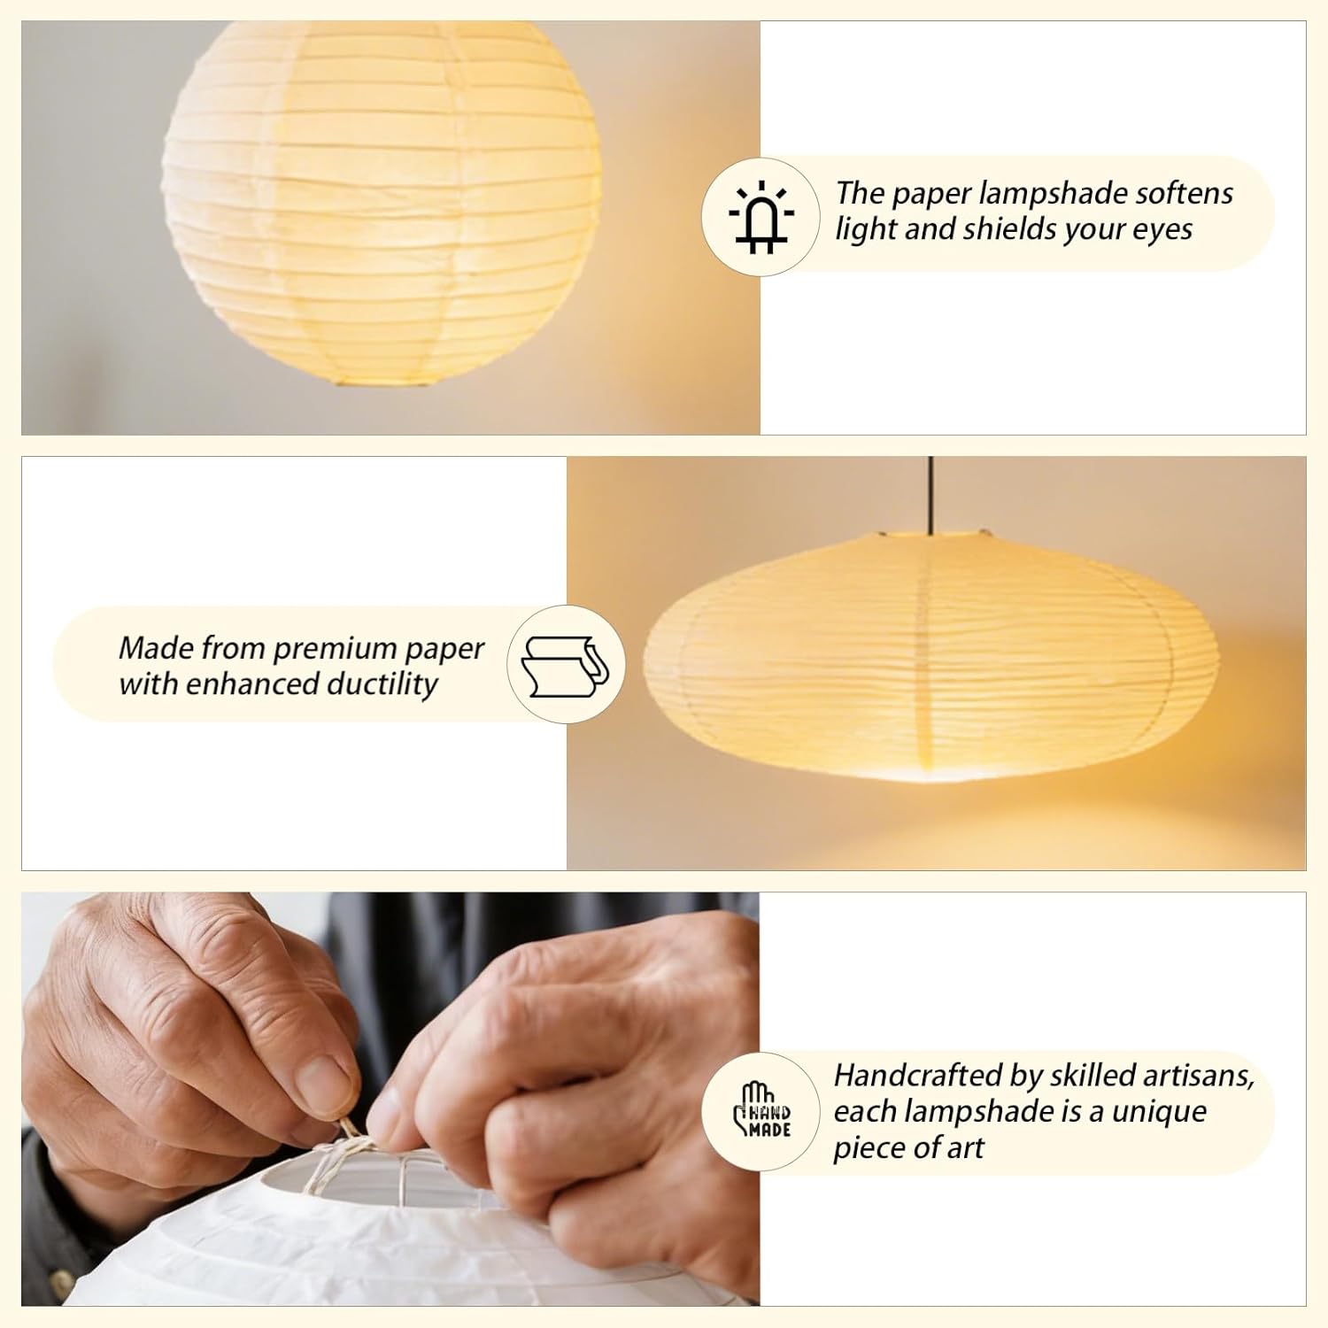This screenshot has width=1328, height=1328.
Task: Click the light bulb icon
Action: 761,217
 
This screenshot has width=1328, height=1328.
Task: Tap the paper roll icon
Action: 566,664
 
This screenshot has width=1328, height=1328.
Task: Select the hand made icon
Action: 761,1112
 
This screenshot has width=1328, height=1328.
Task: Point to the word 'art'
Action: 966,1147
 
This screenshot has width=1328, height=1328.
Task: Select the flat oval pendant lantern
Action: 930,660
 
